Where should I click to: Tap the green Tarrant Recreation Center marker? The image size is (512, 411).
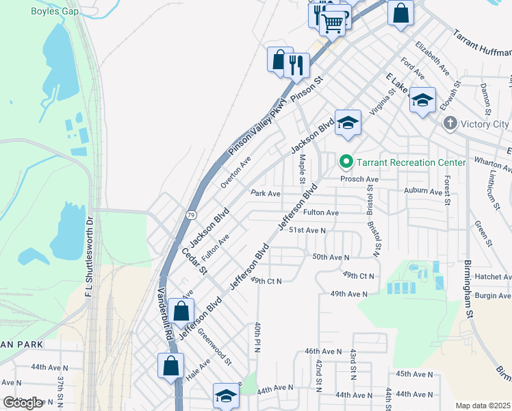pyautogui.click(x=346, y=162)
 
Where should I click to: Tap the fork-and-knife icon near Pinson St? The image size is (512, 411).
pyautogui.click(x=296, y=66)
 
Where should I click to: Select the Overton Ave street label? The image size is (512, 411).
pyautogui.click(x=236, y=171)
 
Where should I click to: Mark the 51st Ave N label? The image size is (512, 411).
pyautogui.click(x=307, y=231)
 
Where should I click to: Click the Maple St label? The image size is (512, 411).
pyautogui.click(x=302, y=169)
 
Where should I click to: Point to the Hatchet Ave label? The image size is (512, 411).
pyautogui.click(x=493, y=277)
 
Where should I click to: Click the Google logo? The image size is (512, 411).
pyautogui.click(x=23, y=403)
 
